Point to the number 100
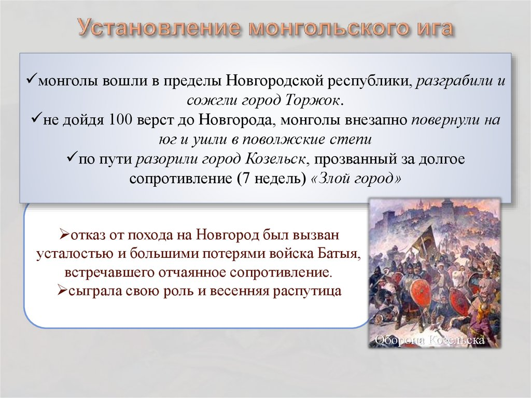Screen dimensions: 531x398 120,120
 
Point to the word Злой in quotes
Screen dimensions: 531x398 333,179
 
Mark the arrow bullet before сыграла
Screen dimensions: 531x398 62,290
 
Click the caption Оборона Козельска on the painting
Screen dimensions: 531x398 430,340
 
